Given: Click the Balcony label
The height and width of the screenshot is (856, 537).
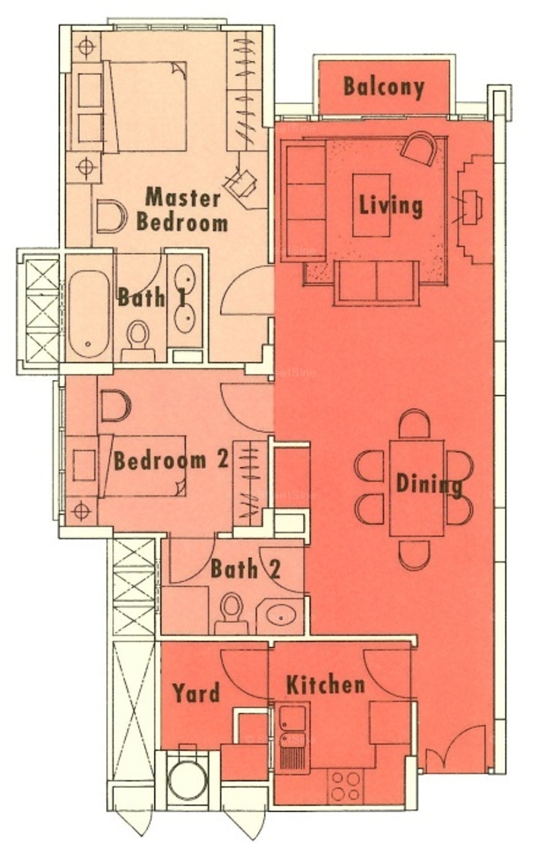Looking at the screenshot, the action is (x=384, y=87).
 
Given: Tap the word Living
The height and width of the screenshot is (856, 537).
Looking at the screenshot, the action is (x=391, y=205).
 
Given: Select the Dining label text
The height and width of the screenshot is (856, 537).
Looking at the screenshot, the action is (x=428, y=484).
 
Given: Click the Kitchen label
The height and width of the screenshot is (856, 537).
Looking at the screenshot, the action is (x=326, y=685).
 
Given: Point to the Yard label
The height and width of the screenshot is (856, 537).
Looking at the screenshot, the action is (x=196, y=693).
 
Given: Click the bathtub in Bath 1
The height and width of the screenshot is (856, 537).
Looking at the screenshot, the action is (x=89, y=314).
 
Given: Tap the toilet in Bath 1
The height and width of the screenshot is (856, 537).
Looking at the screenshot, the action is (x=138, y=341).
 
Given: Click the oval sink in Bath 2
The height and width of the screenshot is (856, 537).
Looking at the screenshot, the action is (x=281, y=617).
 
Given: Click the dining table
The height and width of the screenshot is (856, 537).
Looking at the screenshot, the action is (x=416, y=488).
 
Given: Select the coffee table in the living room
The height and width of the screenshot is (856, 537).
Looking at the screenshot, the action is (x=372, y=205).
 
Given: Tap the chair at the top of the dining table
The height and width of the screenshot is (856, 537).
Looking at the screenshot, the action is (x=414, y=424).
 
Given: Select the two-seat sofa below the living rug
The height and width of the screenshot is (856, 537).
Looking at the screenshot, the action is (x=376, y=283).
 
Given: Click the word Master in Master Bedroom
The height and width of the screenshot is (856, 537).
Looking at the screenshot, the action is (x=183, y=198).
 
